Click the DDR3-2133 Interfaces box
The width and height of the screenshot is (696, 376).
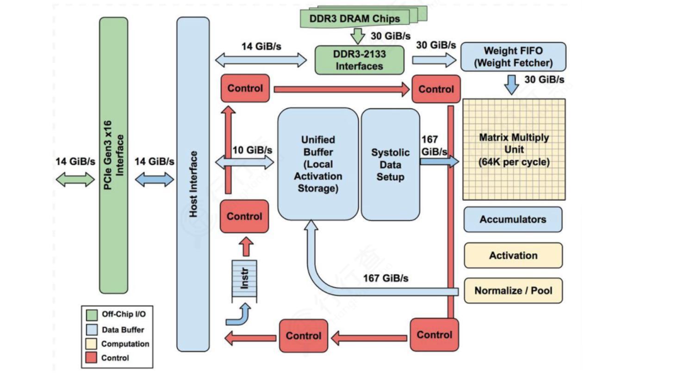[x=359, y=60]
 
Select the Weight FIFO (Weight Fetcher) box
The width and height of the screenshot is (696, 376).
[x=513, y=57]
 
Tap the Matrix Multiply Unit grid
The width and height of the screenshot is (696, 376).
[x=514, y=149]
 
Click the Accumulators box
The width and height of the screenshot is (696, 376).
[x=513, y=219]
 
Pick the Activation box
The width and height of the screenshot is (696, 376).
[x=513, y=255]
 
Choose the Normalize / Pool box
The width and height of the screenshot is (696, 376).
[x=513, y=291]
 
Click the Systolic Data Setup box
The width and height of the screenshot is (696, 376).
[x=390, y=164]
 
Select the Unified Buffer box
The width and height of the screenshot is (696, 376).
[x=318, y=163]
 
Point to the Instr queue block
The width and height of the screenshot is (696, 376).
[x=245, y=280]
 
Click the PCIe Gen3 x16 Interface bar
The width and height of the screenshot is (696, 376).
[x=113, y=155]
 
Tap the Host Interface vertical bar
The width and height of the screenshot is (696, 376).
[x=193, y=184]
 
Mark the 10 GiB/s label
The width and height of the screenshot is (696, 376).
[x=252, y=150]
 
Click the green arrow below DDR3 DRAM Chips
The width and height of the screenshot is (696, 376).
[x=357, y=36]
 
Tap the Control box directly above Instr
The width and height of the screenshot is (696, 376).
[x=244, y=216]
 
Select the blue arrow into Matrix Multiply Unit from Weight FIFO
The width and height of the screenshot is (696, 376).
[x=511, y=85]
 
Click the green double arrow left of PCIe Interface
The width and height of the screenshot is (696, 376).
[x=75, y=180]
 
